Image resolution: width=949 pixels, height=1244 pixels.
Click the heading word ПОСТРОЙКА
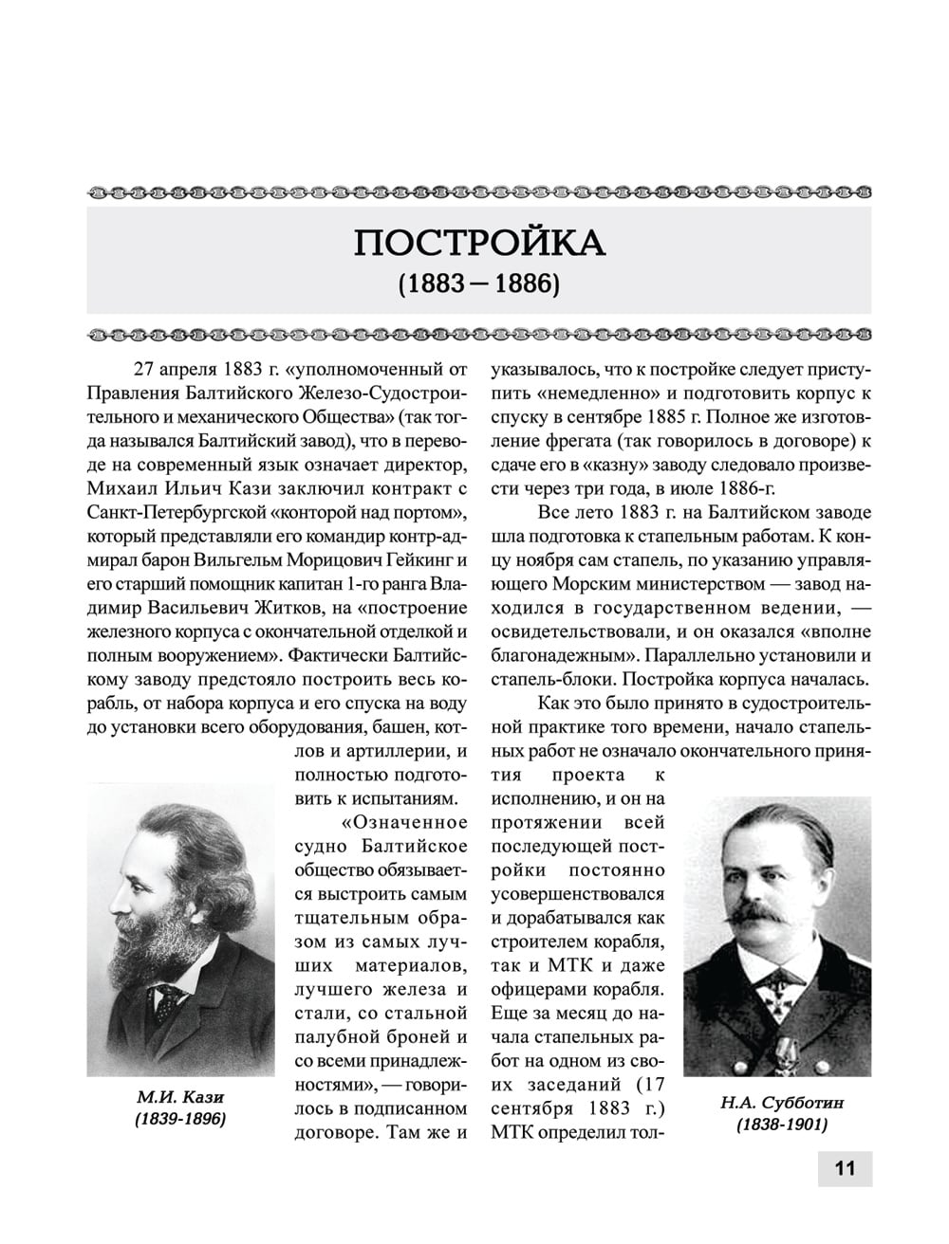(x=479, y=244)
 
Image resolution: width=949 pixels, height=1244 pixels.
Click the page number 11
(x=844, y=1167)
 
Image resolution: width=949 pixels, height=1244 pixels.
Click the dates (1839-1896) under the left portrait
(x=180, y=1119)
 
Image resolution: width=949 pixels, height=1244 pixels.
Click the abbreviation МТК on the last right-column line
(x=512, y=1132)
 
